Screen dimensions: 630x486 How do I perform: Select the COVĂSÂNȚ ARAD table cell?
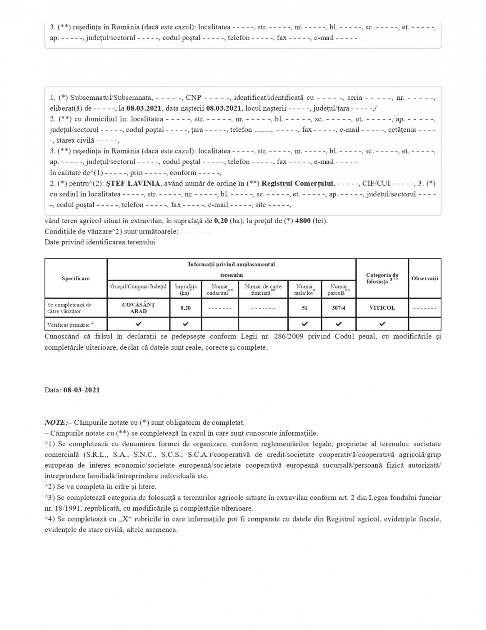(x=138, y=308)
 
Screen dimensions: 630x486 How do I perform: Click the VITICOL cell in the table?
(x=382, y=308)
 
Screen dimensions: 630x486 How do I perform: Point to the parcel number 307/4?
(x=339, y=308)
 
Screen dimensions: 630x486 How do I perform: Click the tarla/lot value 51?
(x=304, y=308)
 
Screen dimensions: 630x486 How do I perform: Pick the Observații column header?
(x=425, y=279)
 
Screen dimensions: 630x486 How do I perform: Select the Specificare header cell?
(x=76, y=279)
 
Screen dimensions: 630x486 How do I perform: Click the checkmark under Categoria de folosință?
(x=382, y=324)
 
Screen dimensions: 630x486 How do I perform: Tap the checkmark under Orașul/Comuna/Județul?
(x=138, y=324)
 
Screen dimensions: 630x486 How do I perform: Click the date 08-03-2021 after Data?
(x=82, y=390)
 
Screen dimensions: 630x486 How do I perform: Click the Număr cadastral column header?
(x=220, y=289)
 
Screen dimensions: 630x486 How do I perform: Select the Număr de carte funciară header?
(x=263, y=289)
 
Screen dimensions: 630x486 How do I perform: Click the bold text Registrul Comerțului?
(x=297, y=184)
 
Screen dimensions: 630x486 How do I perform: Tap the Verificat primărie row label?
(x=70, y=324)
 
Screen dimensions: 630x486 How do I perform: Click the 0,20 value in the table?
(x=186, y=308)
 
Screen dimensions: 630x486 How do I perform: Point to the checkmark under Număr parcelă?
(x=339, y=324)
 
